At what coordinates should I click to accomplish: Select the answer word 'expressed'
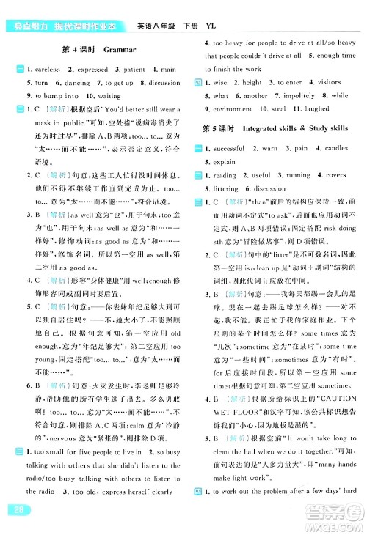pyautogui.click(x=91, y=69)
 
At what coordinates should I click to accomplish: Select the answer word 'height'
pyautogui.click(x=252, y=83)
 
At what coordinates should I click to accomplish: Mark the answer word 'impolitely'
pyautogui.click(x=299, y=96)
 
